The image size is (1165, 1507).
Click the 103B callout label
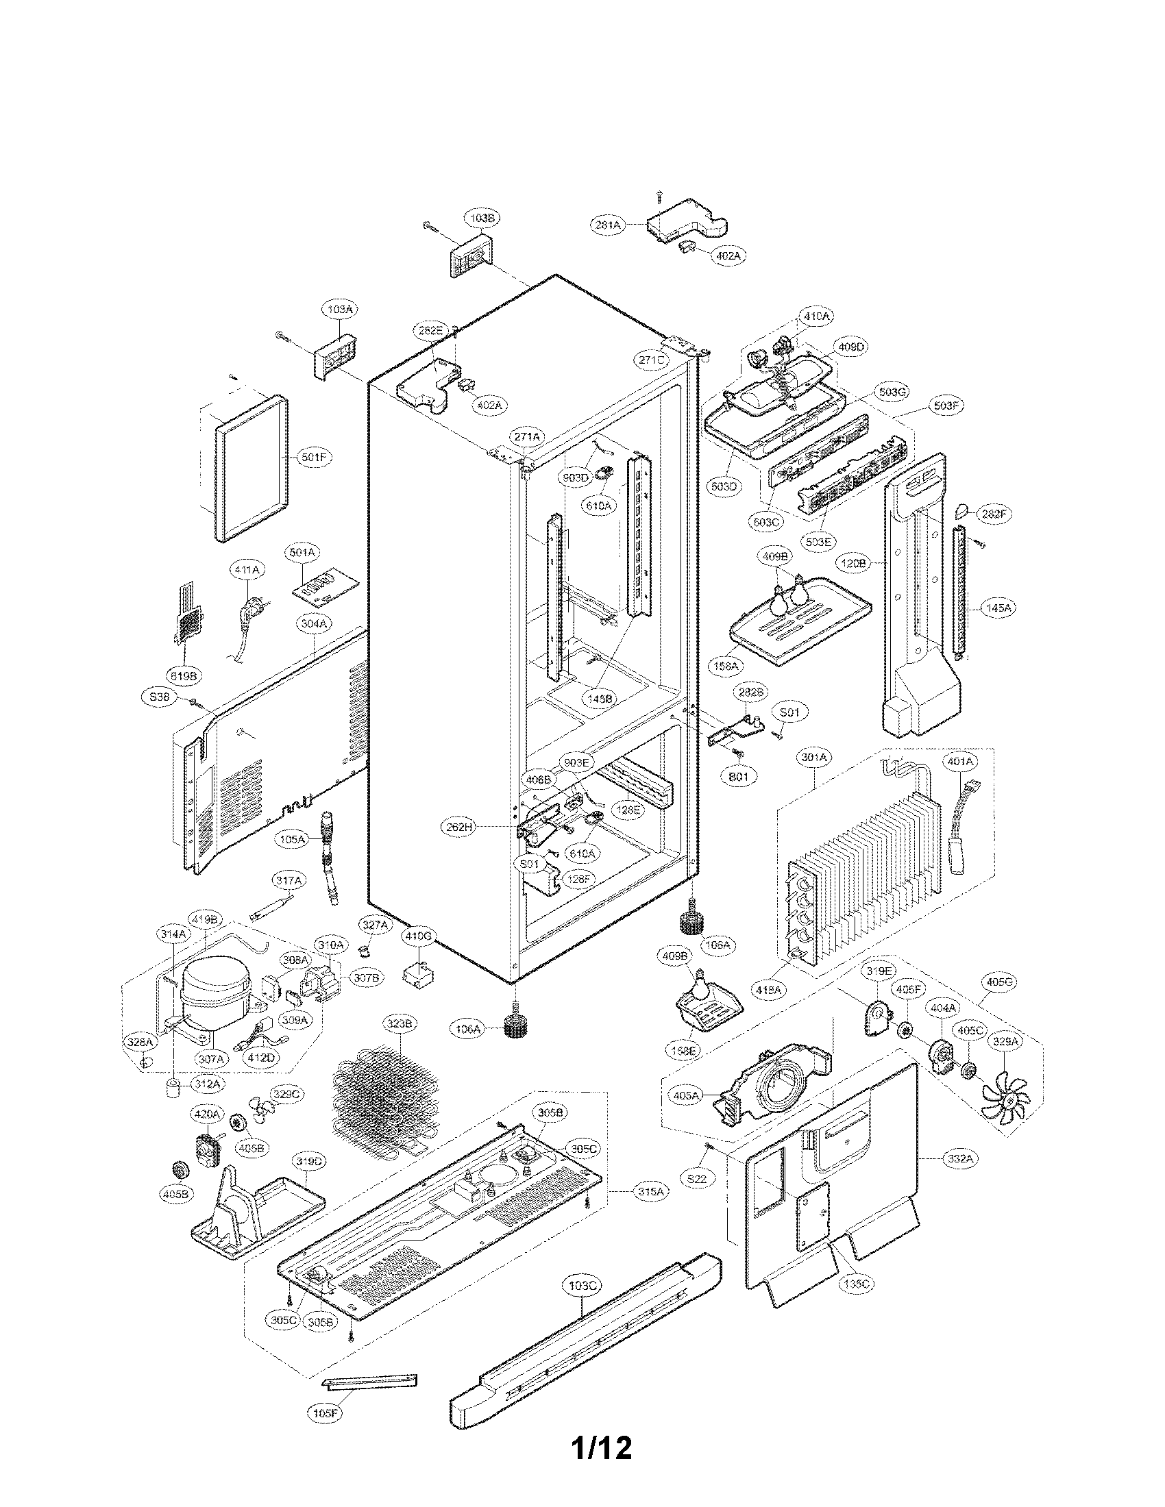coord(481,218)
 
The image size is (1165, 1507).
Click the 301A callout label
coord(814,758)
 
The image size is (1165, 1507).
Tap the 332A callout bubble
coord(960,1158)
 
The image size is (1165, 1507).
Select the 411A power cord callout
coord(247,569)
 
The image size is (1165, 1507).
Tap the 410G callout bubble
coord(418,936)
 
